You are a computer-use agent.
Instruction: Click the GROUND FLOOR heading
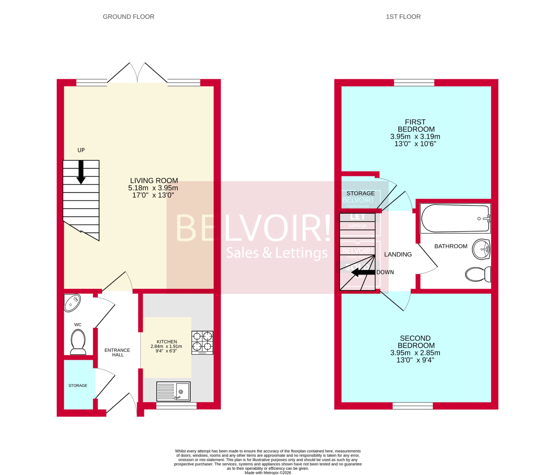tap(128, 17)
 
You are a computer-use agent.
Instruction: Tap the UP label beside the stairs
tap(81, 150)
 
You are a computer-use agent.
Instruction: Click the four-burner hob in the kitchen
tap(202, 342)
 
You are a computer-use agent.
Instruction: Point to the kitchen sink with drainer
tap(173, 391)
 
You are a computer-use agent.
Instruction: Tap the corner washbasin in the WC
tap(72, 303)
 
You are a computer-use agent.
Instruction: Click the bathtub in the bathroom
tap(455, 218)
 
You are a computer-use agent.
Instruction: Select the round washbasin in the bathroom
tap(481, 249)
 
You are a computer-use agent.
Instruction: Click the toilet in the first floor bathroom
tap(478, 274)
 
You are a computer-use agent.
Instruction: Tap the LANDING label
tap(398, 254)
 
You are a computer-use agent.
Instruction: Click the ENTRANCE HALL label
tap(117, 352)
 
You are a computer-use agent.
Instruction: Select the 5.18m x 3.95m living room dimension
tap(153, 188)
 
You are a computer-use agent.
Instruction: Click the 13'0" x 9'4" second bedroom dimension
tap(415, 360)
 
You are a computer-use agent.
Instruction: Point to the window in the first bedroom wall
tap(414, 83)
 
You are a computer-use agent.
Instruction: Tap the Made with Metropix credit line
tap(268, 473)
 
